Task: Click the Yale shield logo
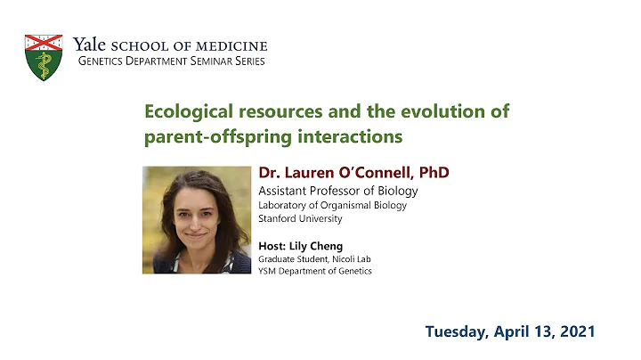[x=44, y=56]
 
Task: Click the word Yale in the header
[x=90, y=45]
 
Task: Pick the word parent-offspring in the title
[x=210, y=137]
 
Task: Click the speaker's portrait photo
[x=196, y=219]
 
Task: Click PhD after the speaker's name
[x=431, y=173]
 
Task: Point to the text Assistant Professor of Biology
[x=337, y=191]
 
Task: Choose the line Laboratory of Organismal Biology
[x=332, y=205]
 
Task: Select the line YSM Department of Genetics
[x=314, y=271]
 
